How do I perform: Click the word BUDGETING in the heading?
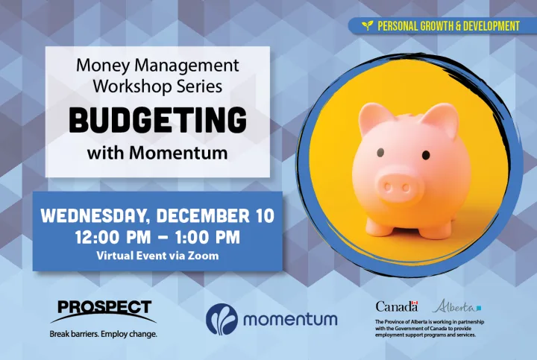[158, 120]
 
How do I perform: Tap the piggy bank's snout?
[397, 187]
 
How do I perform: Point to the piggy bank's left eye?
[380, 153]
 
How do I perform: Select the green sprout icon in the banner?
[368, 25]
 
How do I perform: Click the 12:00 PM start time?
[113, 238]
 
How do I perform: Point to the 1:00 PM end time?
[207, 238]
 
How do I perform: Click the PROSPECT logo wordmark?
[104, 307]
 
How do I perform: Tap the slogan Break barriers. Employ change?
[104, 334]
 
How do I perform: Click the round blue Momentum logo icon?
[222, 319]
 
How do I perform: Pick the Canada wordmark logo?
[397, 306]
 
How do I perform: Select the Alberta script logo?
[456, 306]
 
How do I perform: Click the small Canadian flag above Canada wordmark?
[415, 303]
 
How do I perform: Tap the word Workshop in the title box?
[133, 86]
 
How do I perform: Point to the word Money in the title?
[103, 66]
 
